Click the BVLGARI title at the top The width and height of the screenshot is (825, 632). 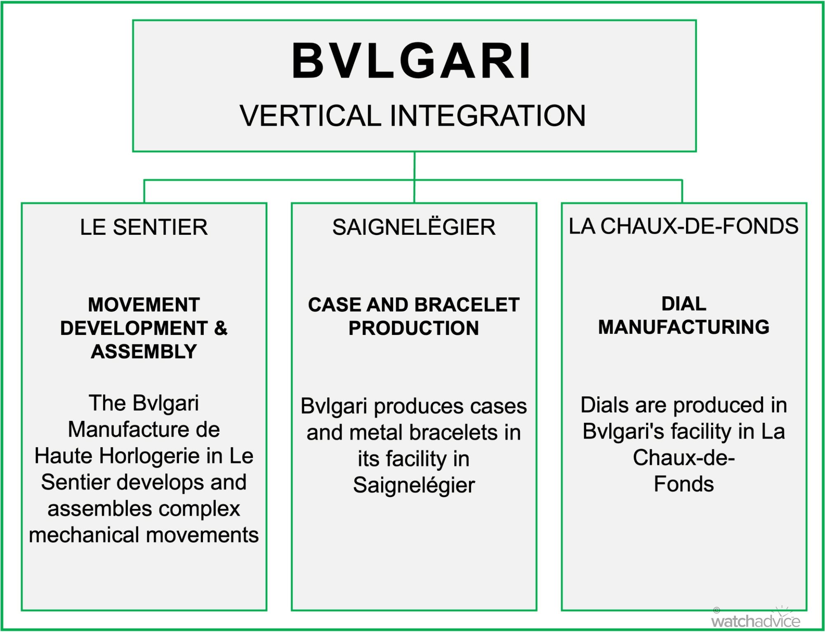tap(412, 61)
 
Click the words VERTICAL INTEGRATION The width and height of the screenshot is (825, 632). tap(412, 116)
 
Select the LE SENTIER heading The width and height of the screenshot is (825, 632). tap(144, 227)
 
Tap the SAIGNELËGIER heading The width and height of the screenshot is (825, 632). tap(414, 227)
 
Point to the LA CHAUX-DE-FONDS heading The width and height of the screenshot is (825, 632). tap(684, 226)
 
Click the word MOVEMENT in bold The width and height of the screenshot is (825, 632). tap(144, 305)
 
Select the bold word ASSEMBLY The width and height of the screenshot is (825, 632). tap(144, 352)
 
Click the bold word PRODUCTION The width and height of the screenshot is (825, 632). tap(414, 328)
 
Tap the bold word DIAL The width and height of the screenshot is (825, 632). tap(684, 304)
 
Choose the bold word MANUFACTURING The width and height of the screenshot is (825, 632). tap(684, 327)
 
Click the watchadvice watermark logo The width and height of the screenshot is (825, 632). tap(756, 617)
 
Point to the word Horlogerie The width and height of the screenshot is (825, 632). tap(149, 456)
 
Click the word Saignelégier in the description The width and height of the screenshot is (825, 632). tap(414, 486)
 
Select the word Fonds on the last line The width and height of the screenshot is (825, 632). tap(684, 484)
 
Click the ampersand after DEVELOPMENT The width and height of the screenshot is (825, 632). tap(221, 328)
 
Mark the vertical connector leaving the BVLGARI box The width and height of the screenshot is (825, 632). tap(414, 177)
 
